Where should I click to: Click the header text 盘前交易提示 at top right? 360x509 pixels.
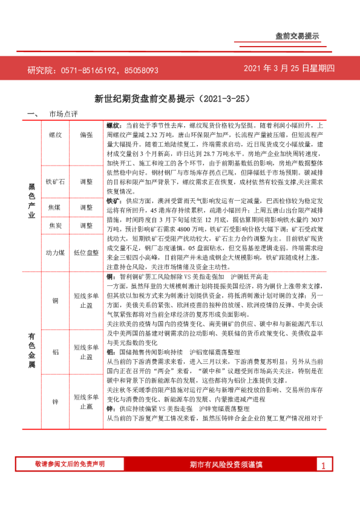click(296, 36)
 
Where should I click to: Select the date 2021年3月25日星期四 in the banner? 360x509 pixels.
click(289, 68)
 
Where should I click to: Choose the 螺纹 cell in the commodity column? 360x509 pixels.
click(55, 136)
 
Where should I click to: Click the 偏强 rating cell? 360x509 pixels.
click(86, 136)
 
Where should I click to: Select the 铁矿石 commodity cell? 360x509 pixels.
click(55, 181)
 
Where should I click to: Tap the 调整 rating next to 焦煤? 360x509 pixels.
click(86, 207)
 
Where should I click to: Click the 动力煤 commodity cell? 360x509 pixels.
click(55, 253)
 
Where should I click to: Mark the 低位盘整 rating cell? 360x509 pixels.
click(86, 253)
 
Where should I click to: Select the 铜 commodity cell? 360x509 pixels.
click(55, 300)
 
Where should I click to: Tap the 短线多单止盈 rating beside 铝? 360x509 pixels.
click(86, 352)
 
